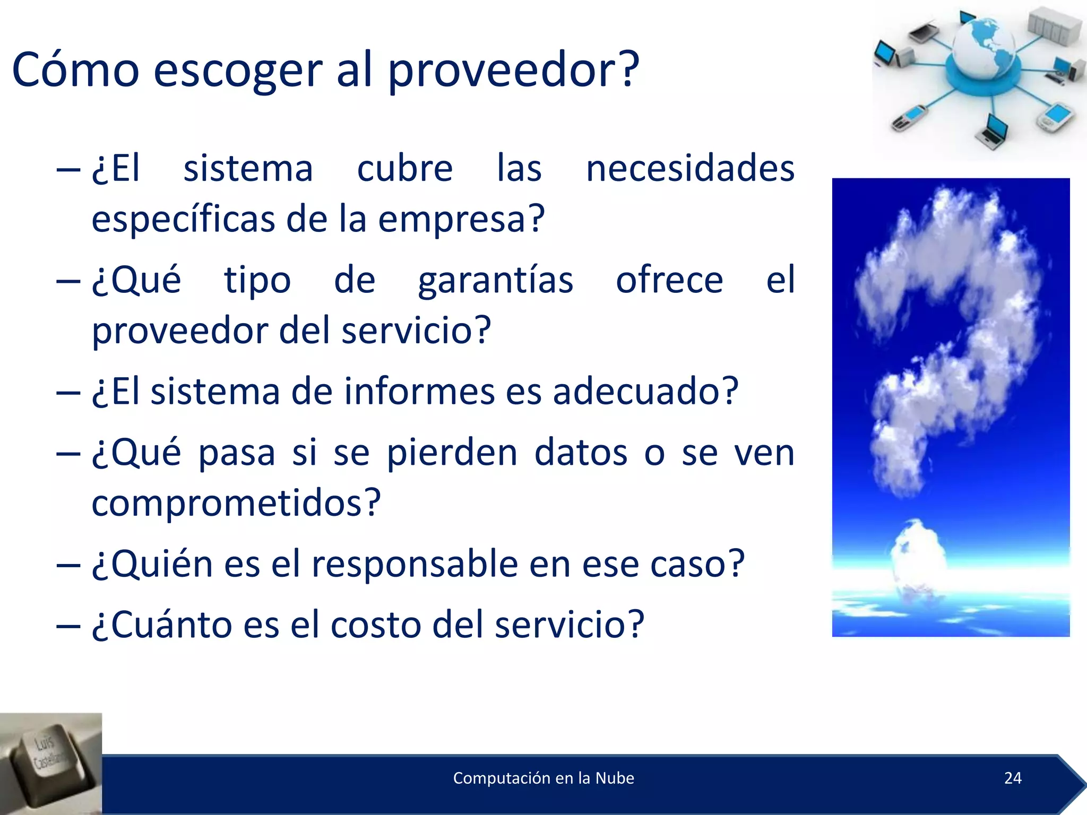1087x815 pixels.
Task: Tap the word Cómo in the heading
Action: click(75, 70)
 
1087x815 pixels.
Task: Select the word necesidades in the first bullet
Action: click(690, 169)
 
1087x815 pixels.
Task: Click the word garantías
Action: click(495, 281)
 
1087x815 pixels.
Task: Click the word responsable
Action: click(414, 563)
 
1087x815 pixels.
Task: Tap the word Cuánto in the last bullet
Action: click(162, 625)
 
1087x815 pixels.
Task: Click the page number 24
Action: click(1013, 778)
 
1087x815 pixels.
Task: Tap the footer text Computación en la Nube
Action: click(543, 778)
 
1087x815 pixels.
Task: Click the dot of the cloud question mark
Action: click(917, 554)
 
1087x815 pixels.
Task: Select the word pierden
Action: click(452, 454)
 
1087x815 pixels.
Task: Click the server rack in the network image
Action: click(1053, 27)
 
